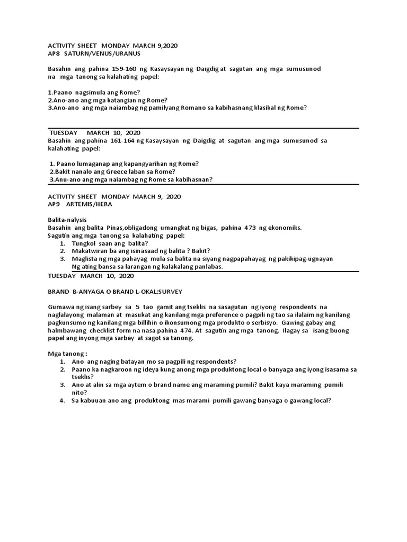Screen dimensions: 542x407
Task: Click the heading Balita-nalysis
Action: coord(67,220)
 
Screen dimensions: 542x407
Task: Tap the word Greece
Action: coord(119,171)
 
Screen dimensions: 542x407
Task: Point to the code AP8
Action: coord(55,54)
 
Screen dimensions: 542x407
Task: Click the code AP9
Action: coord(55,204)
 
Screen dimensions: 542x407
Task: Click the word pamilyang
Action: coord(172,108)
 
